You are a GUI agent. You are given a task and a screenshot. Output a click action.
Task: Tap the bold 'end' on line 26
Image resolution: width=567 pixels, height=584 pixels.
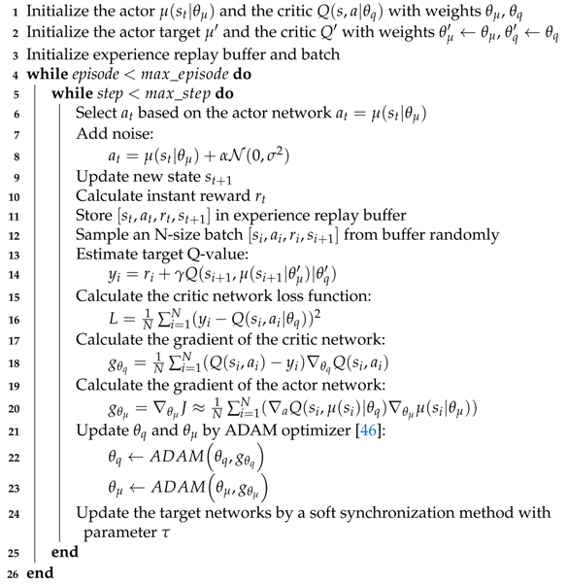tap(41, 572)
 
